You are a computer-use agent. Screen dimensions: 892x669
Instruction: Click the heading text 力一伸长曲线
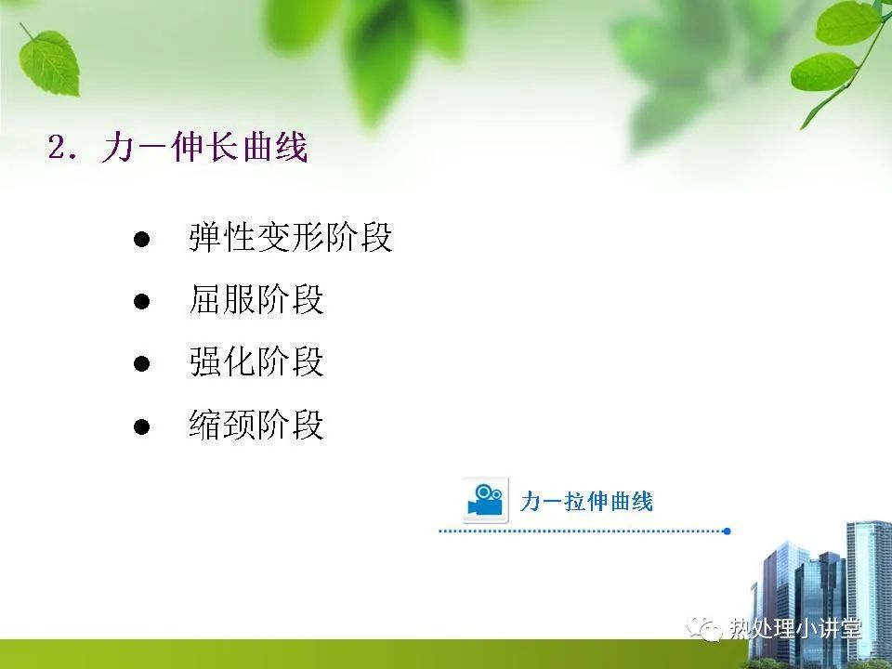click(205, 148)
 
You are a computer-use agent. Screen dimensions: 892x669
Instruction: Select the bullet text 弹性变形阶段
click(291, 237)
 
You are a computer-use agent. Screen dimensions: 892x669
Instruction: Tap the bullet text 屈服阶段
click(256, 299)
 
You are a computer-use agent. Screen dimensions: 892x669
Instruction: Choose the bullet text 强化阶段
click(256, 361)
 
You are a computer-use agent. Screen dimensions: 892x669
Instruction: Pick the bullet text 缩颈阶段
click(256, 425)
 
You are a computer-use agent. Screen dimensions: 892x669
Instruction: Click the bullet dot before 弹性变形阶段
click(141, 239)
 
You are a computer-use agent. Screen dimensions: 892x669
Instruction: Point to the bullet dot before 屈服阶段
click(141, 301)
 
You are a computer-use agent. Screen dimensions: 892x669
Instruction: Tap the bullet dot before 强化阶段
click(141, 363)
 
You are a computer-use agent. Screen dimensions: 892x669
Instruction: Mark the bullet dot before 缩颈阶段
click(141, 426)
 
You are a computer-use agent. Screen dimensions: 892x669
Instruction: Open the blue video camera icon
click(485, 500)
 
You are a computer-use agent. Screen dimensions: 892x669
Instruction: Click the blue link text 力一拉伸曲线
click(586, 502)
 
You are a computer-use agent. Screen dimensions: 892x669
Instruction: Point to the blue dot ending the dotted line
click(727, 531)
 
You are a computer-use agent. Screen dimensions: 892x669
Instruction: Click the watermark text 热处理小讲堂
click(795, 629)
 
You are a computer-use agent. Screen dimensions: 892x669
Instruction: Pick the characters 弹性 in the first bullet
click(222, 237)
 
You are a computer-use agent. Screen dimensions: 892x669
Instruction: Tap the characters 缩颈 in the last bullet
click(222, 425)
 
